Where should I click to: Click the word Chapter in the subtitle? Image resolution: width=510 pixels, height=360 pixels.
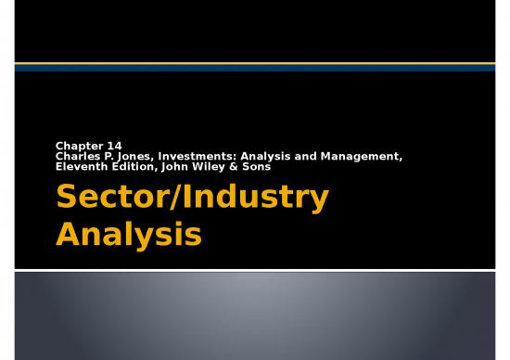pyautogui.click(x=77, y=146)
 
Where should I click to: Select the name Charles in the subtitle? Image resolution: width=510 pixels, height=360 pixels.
pyautogui.click(x=77, y=156)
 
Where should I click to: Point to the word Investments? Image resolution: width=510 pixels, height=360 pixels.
pyautogui.click(x=190, y=156)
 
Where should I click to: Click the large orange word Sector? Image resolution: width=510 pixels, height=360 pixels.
pyautogui.click(x=110, y=198)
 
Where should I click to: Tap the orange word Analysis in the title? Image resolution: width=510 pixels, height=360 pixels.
pyautogui.click(x=128, y=233)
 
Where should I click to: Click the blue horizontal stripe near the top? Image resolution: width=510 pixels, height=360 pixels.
pyautogui.click(x=255, y=67)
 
